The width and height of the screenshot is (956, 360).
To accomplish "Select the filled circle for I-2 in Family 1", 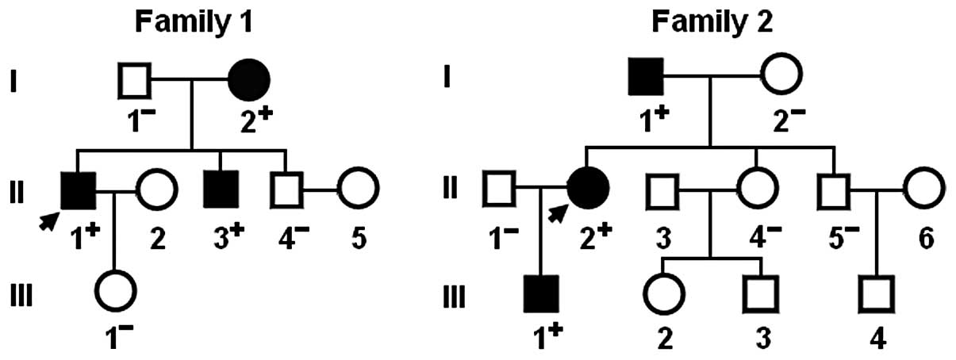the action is tap(249, 80).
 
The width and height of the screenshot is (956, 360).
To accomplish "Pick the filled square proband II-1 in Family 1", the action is tap(79, 189).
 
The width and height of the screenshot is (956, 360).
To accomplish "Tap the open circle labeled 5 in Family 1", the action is tap(358, 189).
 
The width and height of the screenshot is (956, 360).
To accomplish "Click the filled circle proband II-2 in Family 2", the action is tap(588, 188).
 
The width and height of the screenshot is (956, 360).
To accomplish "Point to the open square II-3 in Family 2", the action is tap(663, 188).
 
